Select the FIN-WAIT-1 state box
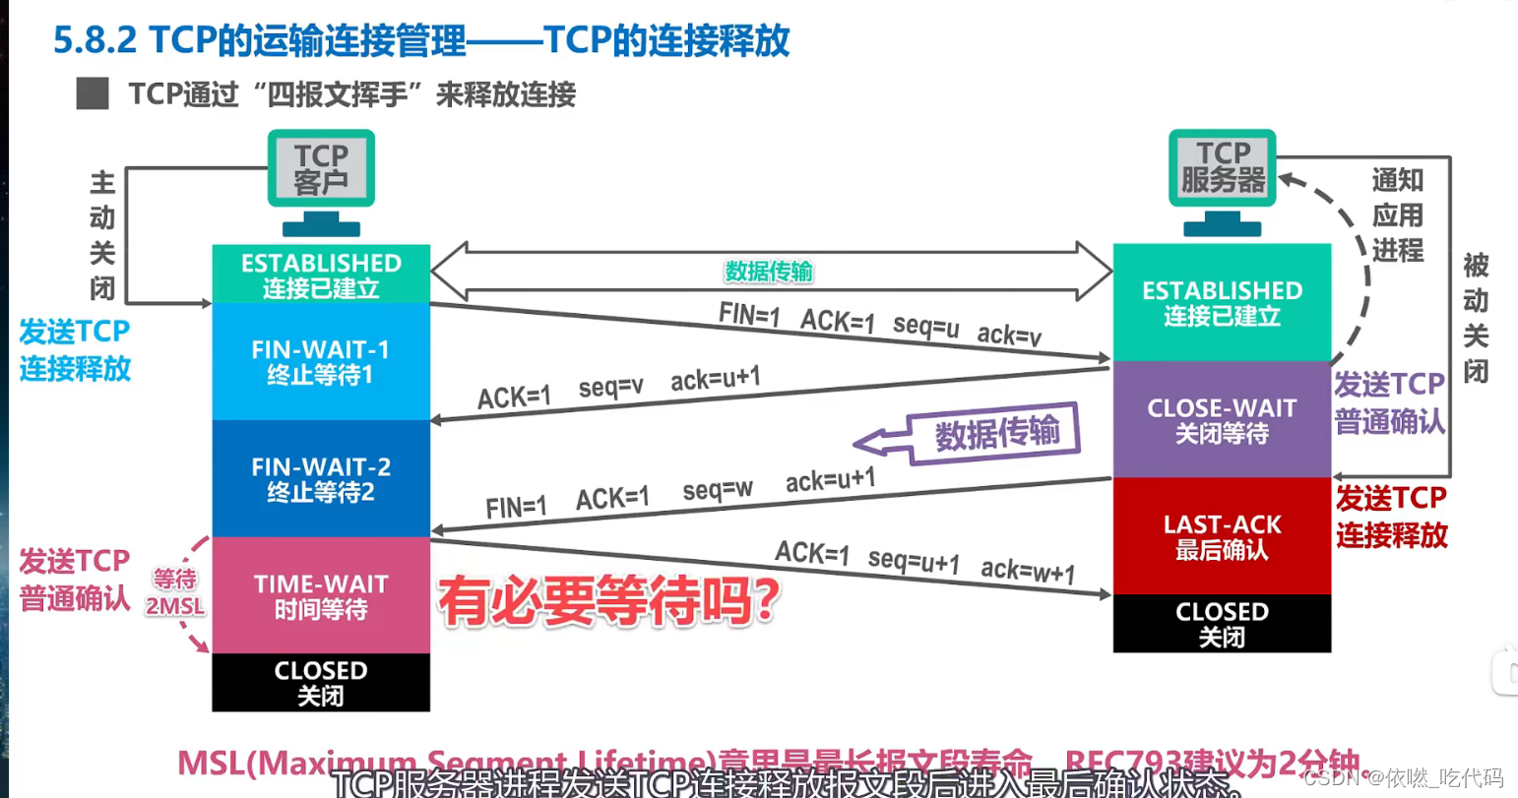click(x=321, y=361)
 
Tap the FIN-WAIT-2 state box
click(x=321, y=478)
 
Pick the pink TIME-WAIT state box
click(x=321, y=595)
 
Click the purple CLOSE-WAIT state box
click(x=1222, y=419)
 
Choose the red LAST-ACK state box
click(x=1222, y=536)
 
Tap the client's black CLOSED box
click(x=321, y=682)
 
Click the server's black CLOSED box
click(x=1222, y=624)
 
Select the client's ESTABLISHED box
click(x=321, y=275)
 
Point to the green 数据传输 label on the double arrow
click(x=769, y=272)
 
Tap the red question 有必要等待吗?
click(x=609, y=601)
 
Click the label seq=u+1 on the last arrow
click(x=914, y=561)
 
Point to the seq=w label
click(x=718, y=489)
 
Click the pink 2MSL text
click(x=175, y=606)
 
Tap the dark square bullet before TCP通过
click(x=93, y=94)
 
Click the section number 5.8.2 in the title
click(x=95, y=40)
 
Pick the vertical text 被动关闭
click(x=1475, y=318)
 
